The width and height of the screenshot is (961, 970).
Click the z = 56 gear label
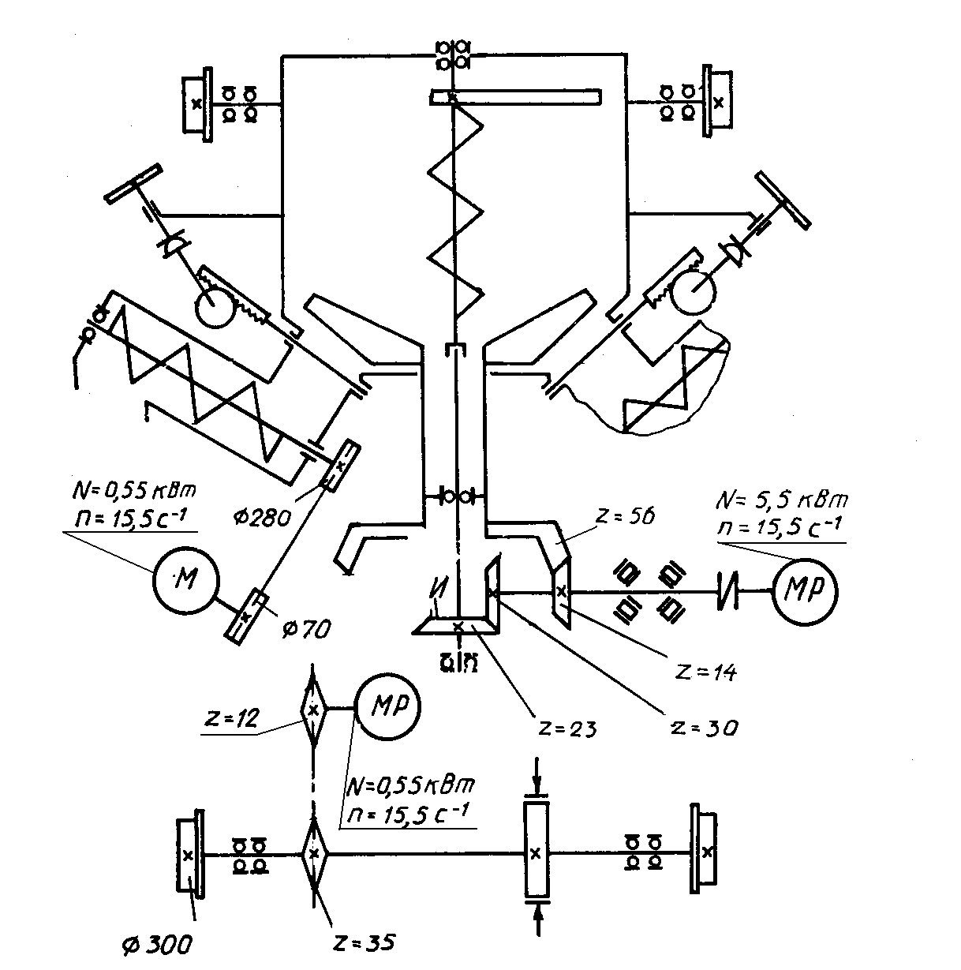(625, 516)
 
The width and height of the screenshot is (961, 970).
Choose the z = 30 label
(705, 728)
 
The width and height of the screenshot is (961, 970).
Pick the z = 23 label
(567, 728)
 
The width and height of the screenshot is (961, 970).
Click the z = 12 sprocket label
(232, 717)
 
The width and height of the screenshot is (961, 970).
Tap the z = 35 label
(364, 943)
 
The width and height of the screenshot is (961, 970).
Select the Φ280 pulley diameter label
(262, 517)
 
